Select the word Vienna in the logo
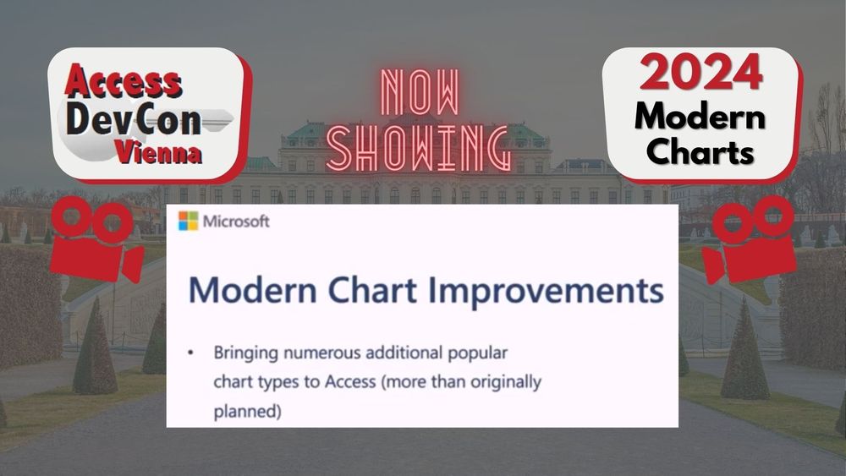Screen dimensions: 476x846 pyautogui.click(x=158, y=155)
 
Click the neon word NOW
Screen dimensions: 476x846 pyautogui.click(x=420, y=93)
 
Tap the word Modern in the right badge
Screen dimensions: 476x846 pyautogui.click(x=700, y=115)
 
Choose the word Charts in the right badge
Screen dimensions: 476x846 pyautogui.click(x=700, y=154)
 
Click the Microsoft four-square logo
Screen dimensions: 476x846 pyautogui.click(x=188, y=222)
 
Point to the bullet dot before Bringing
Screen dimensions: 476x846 pyautogui.click(x=191, y=349)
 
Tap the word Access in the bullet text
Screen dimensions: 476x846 pyautogui.click(x=348, y=382)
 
